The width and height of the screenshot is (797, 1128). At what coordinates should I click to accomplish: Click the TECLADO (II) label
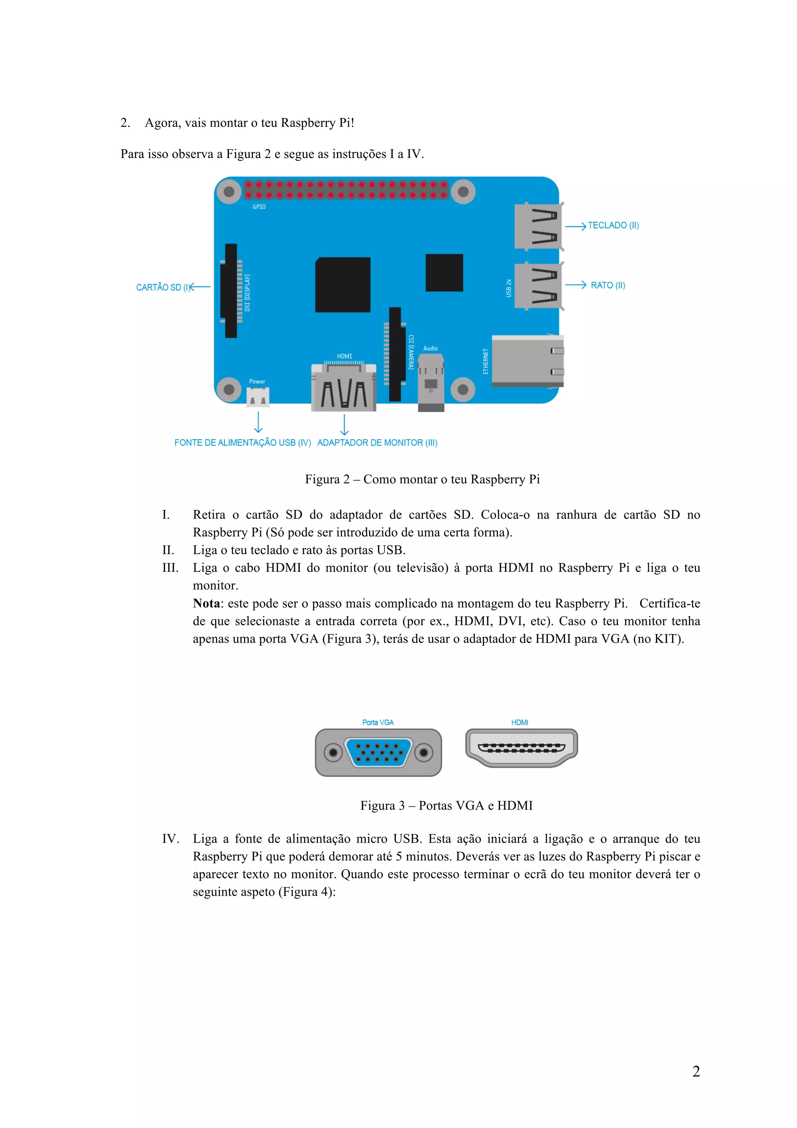tap(613, 225)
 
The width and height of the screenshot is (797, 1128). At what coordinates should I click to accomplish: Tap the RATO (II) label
tap(607, 285)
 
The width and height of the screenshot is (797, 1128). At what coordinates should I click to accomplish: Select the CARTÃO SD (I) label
tap(163, 287)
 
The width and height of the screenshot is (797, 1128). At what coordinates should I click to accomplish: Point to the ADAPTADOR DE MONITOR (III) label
tap(377, 443)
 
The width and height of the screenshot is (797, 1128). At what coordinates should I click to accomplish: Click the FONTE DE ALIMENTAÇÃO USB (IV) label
tap(242, 443)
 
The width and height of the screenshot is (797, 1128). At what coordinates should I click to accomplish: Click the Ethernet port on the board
tap(527, 361)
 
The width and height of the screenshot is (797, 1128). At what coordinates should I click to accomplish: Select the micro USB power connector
tap(258, 397)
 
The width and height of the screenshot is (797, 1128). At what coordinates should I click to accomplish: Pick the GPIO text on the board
tap(259, 207)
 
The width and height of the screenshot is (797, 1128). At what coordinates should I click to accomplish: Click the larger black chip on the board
tap(343, 285)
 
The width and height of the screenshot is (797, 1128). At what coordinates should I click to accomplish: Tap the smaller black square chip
tap(444, 273)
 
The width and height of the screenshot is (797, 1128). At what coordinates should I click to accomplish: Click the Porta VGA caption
tap(377, 722)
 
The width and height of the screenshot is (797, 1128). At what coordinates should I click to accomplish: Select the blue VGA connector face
tap(378, 752)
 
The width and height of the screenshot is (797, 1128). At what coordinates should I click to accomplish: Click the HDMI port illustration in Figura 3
tap(521, 748)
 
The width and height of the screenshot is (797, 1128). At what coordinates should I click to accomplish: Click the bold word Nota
tap(206, 603)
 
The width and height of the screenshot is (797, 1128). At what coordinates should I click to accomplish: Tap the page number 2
tap(696, 1072)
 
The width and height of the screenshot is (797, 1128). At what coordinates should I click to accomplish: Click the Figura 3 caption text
tap(446, 805)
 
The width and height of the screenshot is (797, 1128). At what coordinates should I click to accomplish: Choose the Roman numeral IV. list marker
tap(170, 839)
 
